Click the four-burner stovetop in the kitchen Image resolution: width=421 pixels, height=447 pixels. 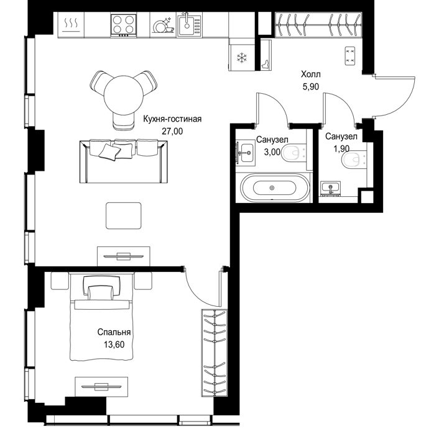[123, 25]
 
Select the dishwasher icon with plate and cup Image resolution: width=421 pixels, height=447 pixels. [163, 25]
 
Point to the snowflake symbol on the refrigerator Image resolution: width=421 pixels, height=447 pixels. [242, 57]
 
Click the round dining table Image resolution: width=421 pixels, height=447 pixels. [123, 95]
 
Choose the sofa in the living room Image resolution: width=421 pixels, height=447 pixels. [123, 161]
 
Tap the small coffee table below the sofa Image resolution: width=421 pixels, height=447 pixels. [123, 215]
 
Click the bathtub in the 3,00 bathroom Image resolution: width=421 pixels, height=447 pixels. [275, 188]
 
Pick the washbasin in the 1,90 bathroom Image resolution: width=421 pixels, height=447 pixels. [330, 189]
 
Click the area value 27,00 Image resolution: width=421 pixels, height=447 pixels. [172, 131]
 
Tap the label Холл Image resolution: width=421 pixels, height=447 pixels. [311, 74]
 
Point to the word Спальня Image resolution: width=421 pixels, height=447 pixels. [114, 332]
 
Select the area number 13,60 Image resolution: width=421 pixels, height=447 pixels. [114, 345]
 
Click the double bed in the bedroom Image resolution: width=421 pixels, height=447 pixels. [101, 317]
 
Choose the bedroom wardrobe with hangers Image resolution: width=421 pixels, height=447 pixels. [215, 353]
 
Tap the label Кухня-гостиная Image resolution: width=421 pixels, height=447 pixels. [172, 119]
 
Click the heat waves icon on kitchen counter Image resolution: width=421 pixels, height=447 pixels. [71, 24]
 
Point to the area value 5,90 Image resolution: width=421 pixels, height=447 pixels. [311, 87]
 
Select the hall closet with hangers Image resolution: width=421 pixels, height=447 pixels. [318, 25]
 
